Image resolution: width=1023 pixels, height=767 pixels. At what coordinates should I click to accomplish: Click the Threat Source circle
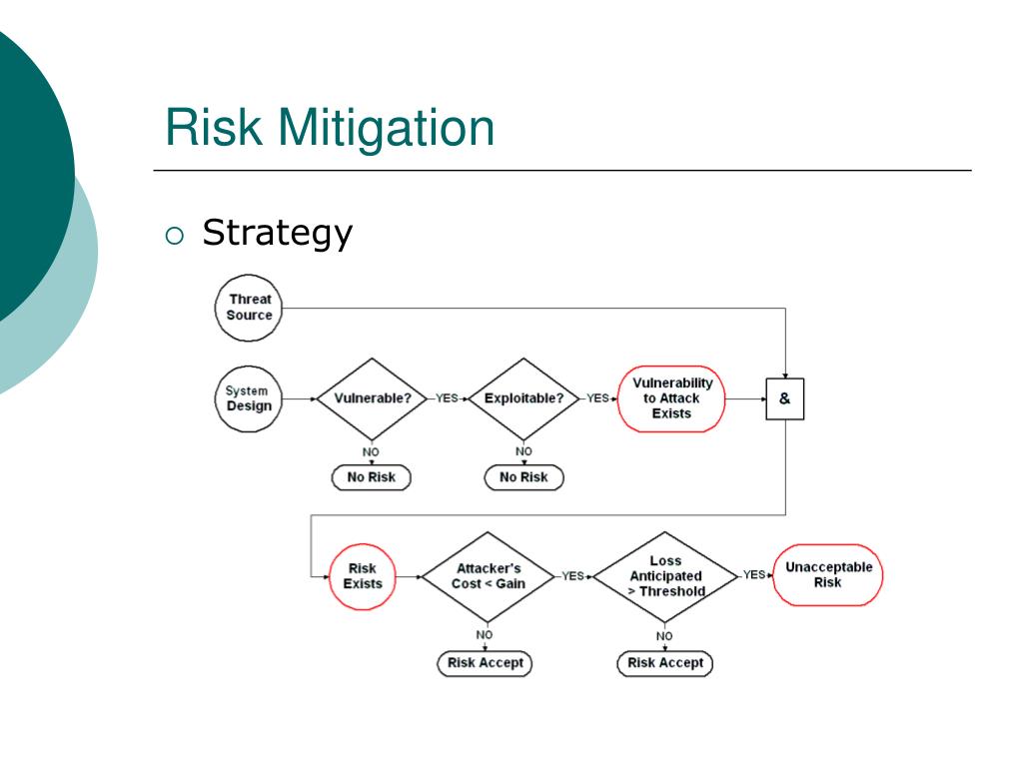pos(249,307)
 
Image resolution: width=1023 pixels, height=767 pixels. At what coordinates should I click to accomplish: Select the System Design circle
pos(249,398)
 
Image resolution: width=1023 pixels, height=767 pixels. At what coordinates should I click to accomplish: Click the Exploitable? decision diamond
pos(523,397)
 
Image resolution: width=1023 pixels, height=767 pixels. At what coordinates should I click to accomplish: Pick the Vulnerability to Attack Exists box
pos(672,397)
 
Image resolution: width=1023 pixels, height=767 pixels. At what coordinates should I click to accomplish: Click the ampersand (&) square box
pos(784,398)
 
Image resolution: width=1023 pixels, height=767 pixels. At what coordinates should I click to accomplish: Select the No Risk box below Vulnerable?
pos(372,477)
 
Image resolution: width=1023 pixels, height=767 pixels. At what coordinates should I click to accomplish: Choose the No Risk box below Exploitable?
pos(523,477)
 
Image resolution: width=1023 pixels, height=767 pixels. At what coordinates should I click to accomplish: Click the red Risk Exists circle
pos(363,576)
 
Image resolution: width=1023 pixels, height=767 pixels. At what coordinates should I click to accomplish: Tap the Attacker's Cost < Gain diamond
pos(488,576)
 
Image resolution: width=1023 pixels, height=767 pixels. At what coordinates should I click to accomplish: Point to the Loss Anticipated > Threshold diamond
pos(665,576)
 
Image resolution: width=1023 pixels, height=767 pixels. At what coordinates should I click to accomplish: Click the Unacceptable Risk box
pos(828,575)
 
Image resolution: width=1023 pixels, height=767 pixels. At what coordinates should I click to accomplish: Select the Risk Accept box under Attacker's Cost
pos(485,663)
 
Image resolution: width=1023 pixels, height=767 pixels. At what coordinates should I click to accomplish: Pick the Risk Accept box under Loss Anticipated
pos(665,663)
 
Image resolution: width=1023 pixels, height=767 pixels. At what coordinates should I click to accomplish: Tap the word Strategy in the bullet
pos(277,233)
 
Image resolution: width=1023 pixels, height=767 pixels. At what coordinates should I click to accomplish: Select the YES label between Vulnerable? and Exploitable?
pos(447,397)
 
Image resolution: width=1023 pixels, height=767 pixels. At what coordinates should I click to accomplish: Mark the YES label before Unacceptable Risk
pos(754,574)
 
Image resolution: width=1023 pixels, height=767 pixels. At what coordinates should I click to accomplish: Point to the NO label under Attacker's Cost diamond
pos(485,634)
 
